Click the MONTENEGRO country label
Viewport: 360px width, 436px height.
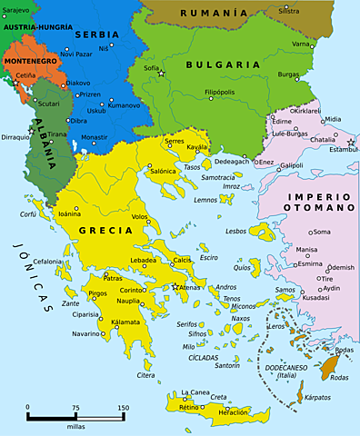(30, 61)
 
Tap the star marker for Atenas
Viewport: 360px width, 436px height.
(175, 287)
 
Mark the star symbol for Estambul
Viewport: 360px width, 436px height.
(351, 143)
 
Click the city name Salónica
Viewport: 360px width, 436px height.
(163, 171)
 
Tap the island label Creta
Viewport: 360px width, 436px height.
(218, 397)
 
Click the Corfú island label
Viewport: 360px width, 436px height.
(28, 215)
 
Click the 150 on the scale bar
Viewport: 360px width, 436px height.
(122, 408)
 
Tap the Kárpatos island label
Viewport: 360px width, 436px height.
(318, 397)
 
